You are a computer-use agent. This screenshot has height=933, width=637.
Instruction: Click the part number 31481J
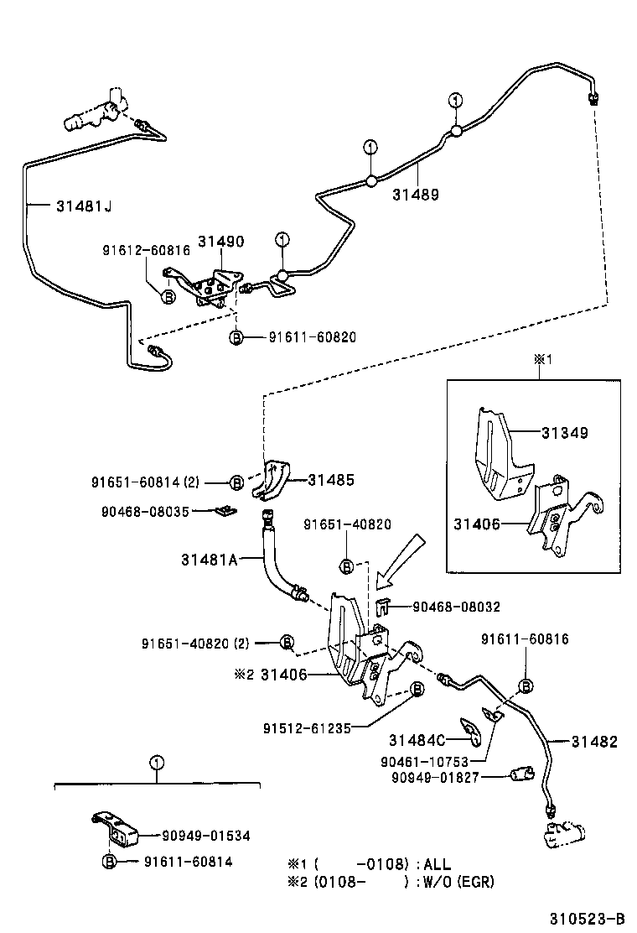coord(84,206)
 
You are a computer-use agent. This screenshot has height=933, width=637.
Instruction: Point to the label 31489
coord(415,194)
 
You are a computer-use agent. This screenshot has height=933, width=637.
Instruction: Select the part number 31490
coord(220,242)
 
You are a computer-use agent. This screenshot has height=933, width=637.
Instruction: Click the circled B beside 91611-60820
coord(236,337)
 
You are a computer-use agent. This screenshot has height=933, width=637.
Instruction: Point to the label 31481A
coord(210,559)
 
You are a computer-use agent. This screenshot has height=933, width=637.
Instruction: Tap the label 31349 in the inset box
coord(564,433)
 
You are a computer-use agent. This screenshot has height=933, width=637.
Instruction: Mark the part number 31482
coord(595,742)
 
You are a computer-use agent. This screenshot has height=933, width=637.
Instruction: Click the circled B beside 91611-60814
coord(109,862)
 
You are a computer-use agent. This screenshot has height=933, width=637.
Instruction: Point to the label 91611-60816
coord(524,639)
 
